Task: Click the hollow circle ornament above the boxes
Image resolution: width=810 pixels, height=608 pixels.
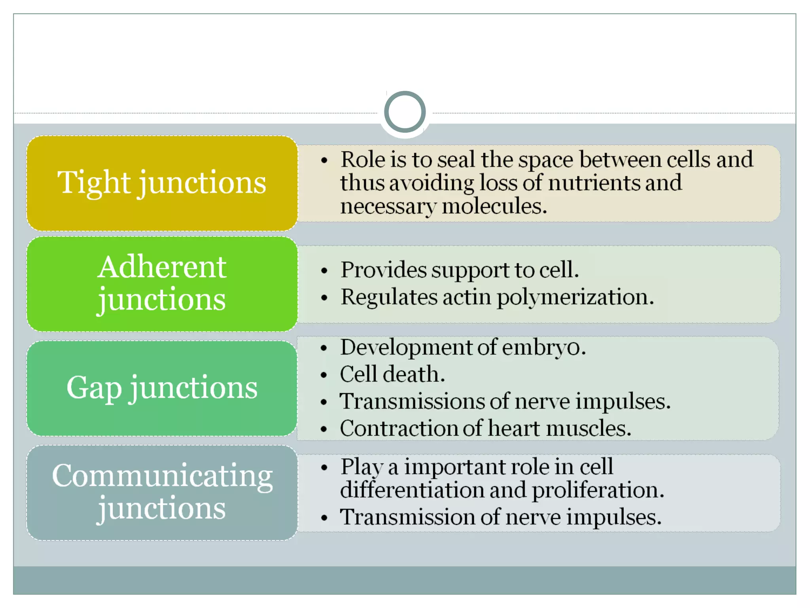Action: click(405, 112)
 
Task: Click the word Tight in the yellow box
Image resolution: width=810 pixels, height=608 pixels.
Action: click(94, 183)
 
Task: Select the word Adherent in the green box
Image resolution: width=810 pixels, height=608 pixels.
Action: click(162, 267)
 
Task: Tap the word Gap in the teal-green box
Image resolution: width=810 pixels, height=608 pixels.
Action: click(94, 388)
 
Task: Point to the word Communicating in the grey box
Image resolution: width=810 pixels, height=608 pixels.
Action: click(162, 475)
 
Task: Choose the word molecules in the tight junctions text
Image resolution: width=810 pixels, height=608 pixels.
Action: click(494, 206)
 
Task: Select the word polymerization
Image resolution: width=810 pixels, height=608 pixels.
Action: click(575, 297)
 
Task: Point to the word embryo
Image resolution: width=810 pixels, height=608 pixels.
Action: click(544, 348)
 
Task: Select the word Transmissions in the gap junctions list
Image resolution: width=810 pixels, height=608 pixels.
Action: click(412, 401)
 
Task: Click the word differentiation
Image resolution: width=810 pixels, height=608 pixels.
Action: click(412, 490)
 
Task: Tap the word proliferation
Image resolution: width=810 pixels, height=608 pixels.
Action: click(598, 490)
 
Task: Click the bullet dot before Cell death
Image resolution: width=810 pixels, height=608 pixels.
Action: click(324, 375)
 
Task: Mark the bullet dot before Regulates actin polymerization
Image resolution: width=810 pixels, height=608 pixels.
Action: click(324, 298)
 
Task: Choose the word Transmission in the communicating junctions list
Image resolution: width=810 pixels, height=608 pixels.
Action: click(407, 517)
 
